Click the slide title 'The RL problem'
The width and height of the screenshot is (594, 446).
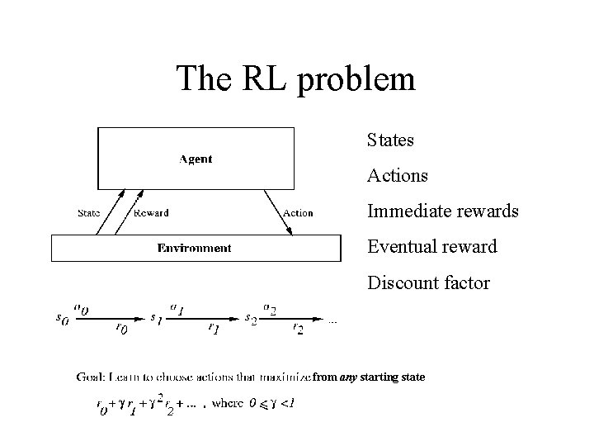(296, 79)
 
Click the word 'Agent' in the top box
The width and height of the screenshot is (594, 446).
(196, 159)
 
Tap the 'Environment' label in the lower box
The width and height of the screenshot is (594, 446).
(195, 248)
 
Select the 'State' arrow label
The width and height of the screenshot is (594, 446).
(88, 213)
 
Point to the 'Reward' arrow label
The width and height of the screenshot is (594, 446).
(150, 213)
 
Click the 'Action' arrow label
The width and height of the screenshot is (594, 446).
(298, 213)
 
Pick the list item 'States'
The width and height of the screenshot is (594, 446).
(390, 140)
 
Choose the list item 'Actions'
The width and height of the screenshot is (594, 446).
(397, 176)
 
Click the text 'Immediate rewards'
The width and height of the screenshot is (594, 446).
(442, 211)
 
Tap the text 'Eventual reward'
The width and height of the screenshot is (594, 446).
(431, 247)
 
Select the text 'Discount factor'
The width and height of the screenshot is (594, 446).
(428, 283)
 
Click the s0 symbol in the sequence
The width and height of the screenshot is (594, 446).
(62, 318)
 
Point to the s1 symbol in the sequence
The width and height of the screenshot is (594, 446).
(155, 318)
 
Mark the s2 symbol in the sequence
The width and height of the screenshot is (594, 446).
(251, 318)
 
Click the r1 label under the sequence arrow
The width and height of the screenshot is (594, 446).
(213, 329)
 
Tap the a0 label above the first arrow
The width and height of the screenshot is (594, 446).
(82, 308)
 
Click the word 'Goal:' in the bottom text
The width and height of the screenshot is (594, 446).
(89, 377)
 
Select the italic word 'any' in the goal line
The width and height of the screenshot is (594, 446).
(350, 377)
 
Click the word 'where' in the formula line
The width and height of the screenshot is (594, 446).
(227, 404)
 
